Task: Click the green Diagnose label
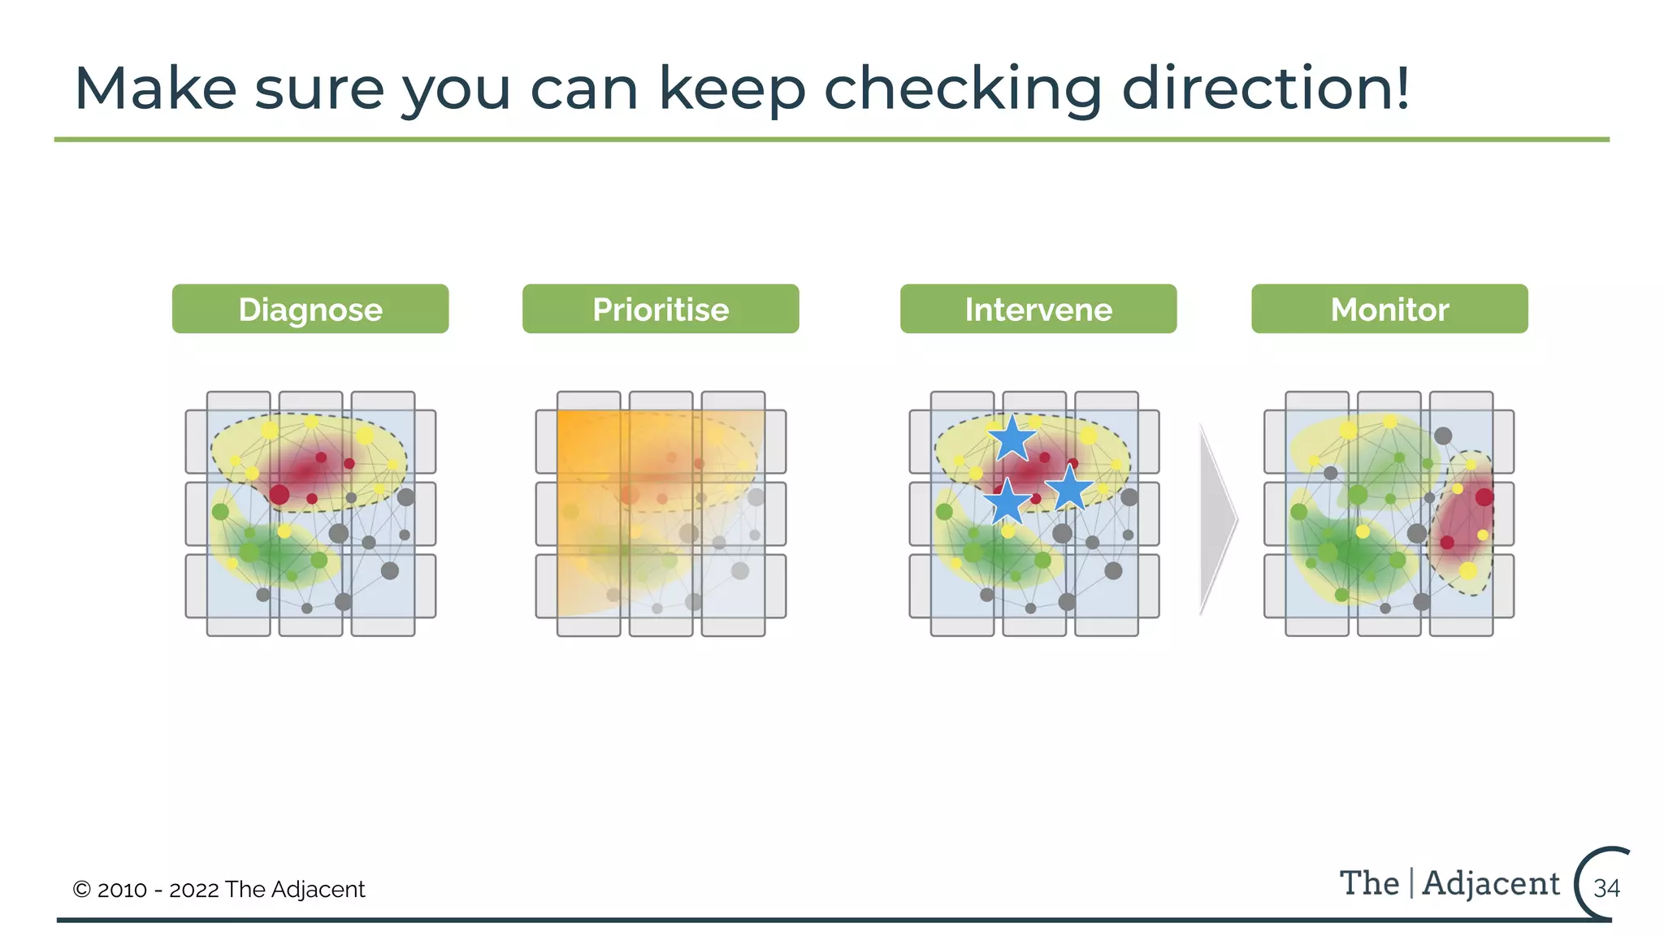(310, 309)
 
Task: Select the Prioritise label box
(660, 309)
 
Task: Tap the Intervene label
(1038, 309)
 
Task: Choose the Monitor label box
(1389, 309)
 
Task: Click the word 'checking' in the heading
(962, 89)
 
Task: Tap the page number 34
(1606, 888)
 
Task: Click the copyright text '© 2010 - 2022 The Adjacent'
(219, 889)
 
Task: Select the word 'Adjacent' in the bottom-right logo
(1491, 883)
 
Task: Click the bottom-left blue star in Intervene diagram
(1007, 502)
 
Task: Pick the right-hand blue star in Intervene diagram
(1069, 488)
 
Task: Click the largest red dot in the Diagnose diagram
(279, 494)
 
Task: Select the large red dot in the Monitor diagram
(1484, 496)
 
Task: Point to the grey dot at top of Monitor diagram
(1442, 435)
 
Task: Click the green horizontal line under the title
(831, 140)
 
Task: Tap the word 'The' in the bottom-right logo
(1369, 883)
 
